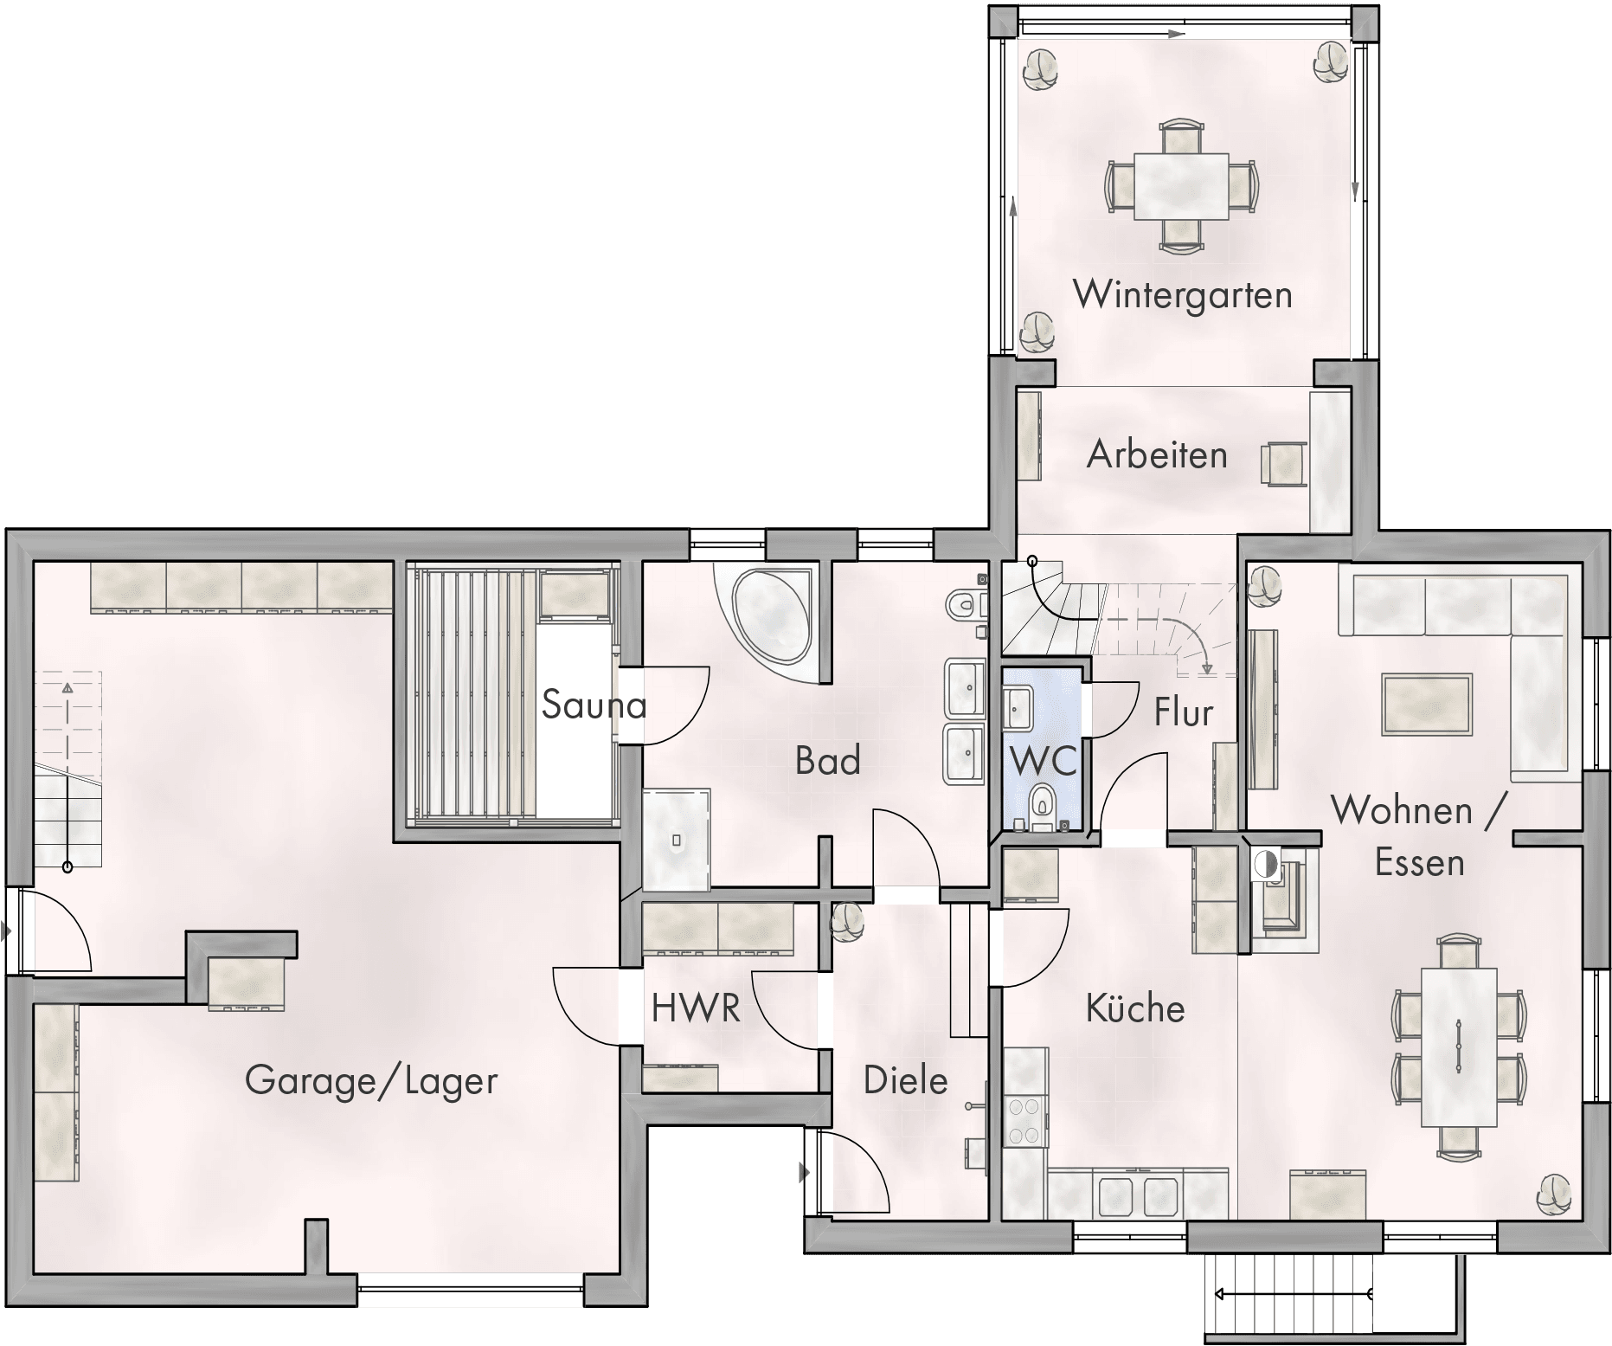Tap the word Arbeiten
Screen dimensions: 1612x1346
(x=1157, y=454)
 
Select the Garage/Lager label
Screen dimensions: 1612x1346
(x=371, y=1081)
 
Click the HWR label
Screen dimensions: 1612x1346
(x=696, y=1008)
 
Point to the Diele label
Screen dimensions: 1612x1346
(x=906, y=1080)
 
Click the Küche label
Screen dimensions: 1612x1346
(x=1135, y=1008)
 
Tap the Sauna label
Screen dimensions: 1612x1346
(x=594, y=705)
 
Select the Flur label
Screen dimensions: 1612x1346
(x=1184, y=712)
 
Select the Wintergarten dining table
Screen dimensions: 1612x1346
(x=1181, y=186)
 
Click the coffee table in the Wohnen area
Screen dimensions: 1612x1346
(x=1427, y=705)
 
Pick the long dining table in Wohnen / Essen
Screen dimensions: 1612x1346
(x=1460, y=1047)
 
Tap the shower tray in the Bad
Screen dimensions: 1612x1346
(x=677, y=839)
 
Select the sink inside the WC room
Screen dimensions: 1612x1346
(x=1018, y=708)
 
